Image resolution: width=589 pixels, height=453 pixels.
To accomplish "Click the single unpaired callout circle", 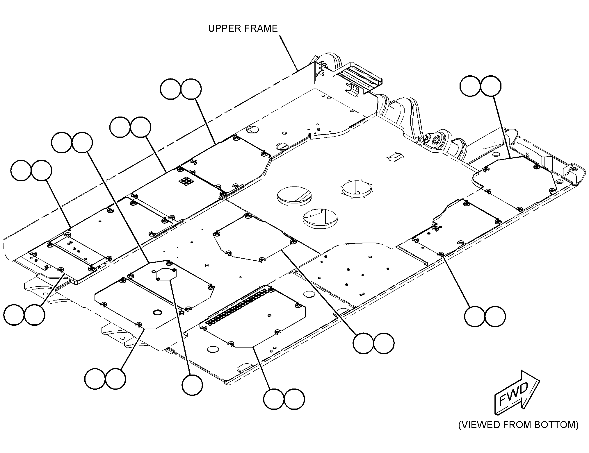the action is pyautogui.click(x=192, y=385).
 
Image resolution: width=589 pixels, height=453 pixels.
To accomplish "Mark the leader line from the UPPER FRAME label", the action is pyautogui.click(x=289, y=53).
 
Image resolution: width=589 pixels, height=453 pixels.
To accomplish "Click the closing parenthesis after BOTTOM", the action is pyautogui.click(x=576, y=433).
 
